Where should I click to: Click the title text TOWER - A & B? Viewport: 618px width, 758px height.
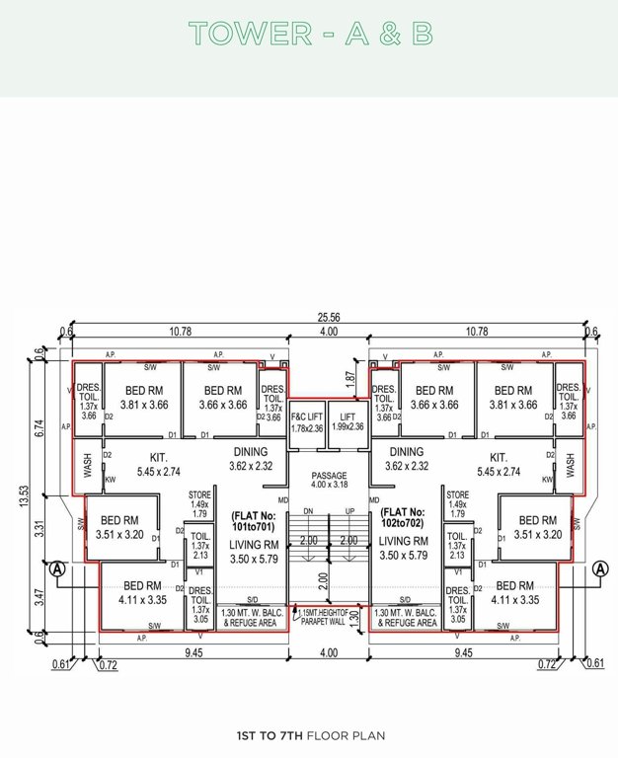pos(310,34)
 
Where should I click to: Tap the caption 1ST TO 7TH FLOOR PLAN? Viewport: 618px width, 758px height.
pos(310,735)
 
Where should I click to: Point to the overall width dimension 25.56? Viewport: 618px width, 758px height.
pos(329,318)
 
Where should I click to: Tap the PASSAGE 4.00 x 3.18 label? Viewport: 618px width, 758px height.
pos(329,480)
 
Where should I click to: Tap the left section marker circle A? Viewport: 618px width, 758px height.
pos(56,569)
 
